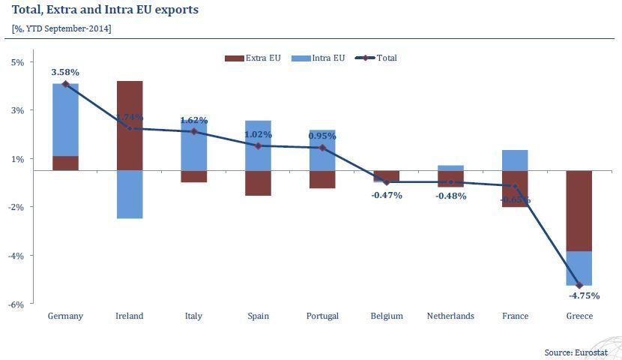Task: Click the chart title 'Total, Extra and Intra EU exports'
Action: pyautogui.click(x=105, y=10)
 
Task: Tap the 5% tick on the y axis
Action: pyautogui.click(x=19, y=62)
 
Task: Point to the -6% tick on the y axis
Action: pyautogui.click(x=17, y=304)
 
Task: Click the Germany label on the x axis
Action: pyautogui.click(x=65, y=316)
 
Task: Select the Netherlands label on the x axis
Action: pyautogui.click(x=450, y=316)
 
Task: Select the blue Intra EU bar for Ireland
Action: pyautogui.click(x=130, y=194)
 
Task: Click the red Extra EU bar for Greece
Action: pyautogui.click(x=579, y=211)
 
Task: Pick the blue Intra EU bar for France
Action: pyautogui.click(x=515, y=160)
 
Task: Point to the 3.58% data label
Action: pyautogui.click(x=65, y=72)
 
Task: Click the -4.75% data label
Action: pyautogui.click(x=579, y=295)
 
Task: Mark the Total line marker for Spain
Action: pyautogui.click(x=258, y=146)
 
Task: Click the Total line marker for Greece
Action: pyautogui.click(x=579, y=285)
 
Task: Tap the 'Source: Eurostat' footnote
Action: pyautogui.click(x=579, y=351)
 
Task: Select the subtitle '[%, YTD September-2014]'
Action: pyautogui.click(x=61, y=28)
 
